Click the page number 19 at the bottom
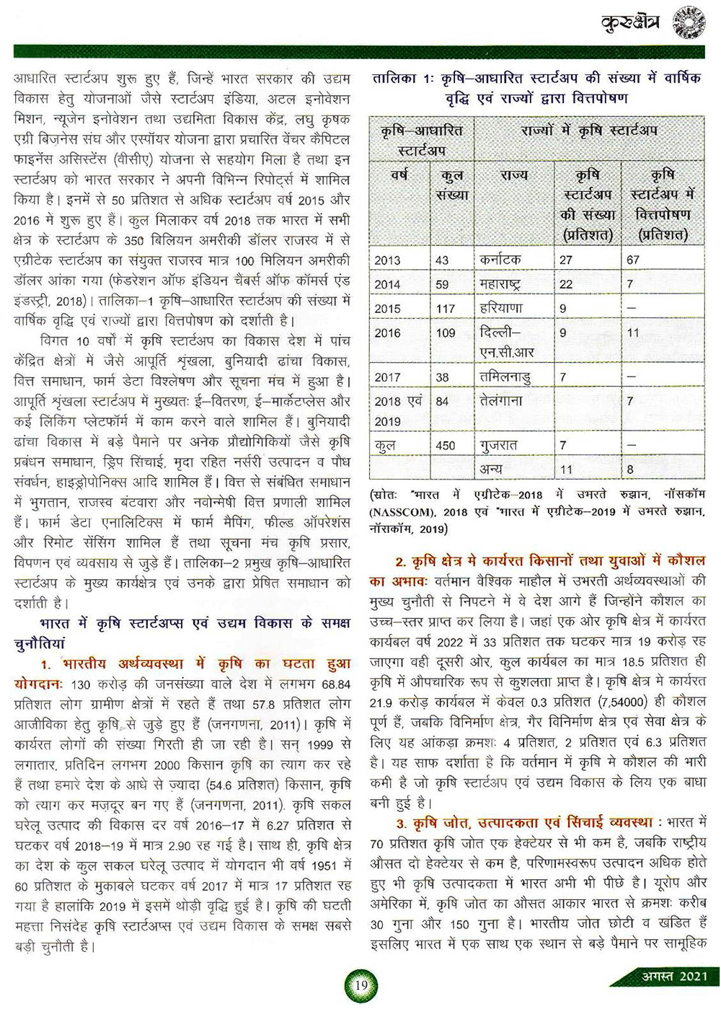click(x=361, y=984)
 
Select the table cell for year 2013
click(x=387, y=260)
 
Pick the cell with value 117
click(x=446, y=309)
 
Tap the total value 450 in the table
click(x=446, y=445)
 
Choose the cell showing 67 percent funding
click(x=634, y=260)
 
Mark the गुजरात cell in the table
click(x=498, y=445)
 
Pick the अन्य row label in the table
click(x=492, y=470)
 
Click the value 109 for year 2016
click(x=446, y=332)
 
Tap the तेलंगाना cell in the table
click(x=502, y=400)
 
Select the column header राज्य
click(x=513, y=175)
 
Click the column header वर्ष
click(x=399, y=175)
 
